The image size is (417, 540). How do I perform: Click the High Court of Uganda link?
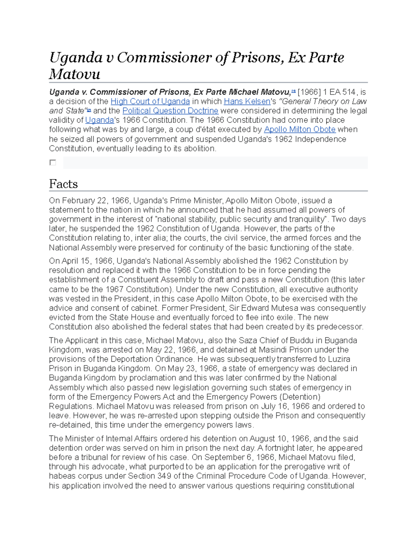150,102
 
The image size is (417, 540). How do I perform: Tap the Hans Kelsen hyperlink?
247,102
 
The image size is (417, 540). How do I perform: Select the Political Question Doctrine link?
170,111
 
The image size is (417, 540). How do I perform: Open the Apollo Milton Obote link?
300,130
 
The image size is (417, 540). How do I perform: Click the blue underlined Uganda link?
99,120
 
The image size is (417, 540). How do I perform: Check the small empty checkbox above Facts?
53,162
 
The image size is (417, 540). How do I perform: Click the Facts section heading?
63,184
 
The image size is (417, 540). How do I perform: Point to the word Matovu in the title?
75,74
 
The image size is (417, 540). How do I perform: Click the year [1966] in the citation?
309,92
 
